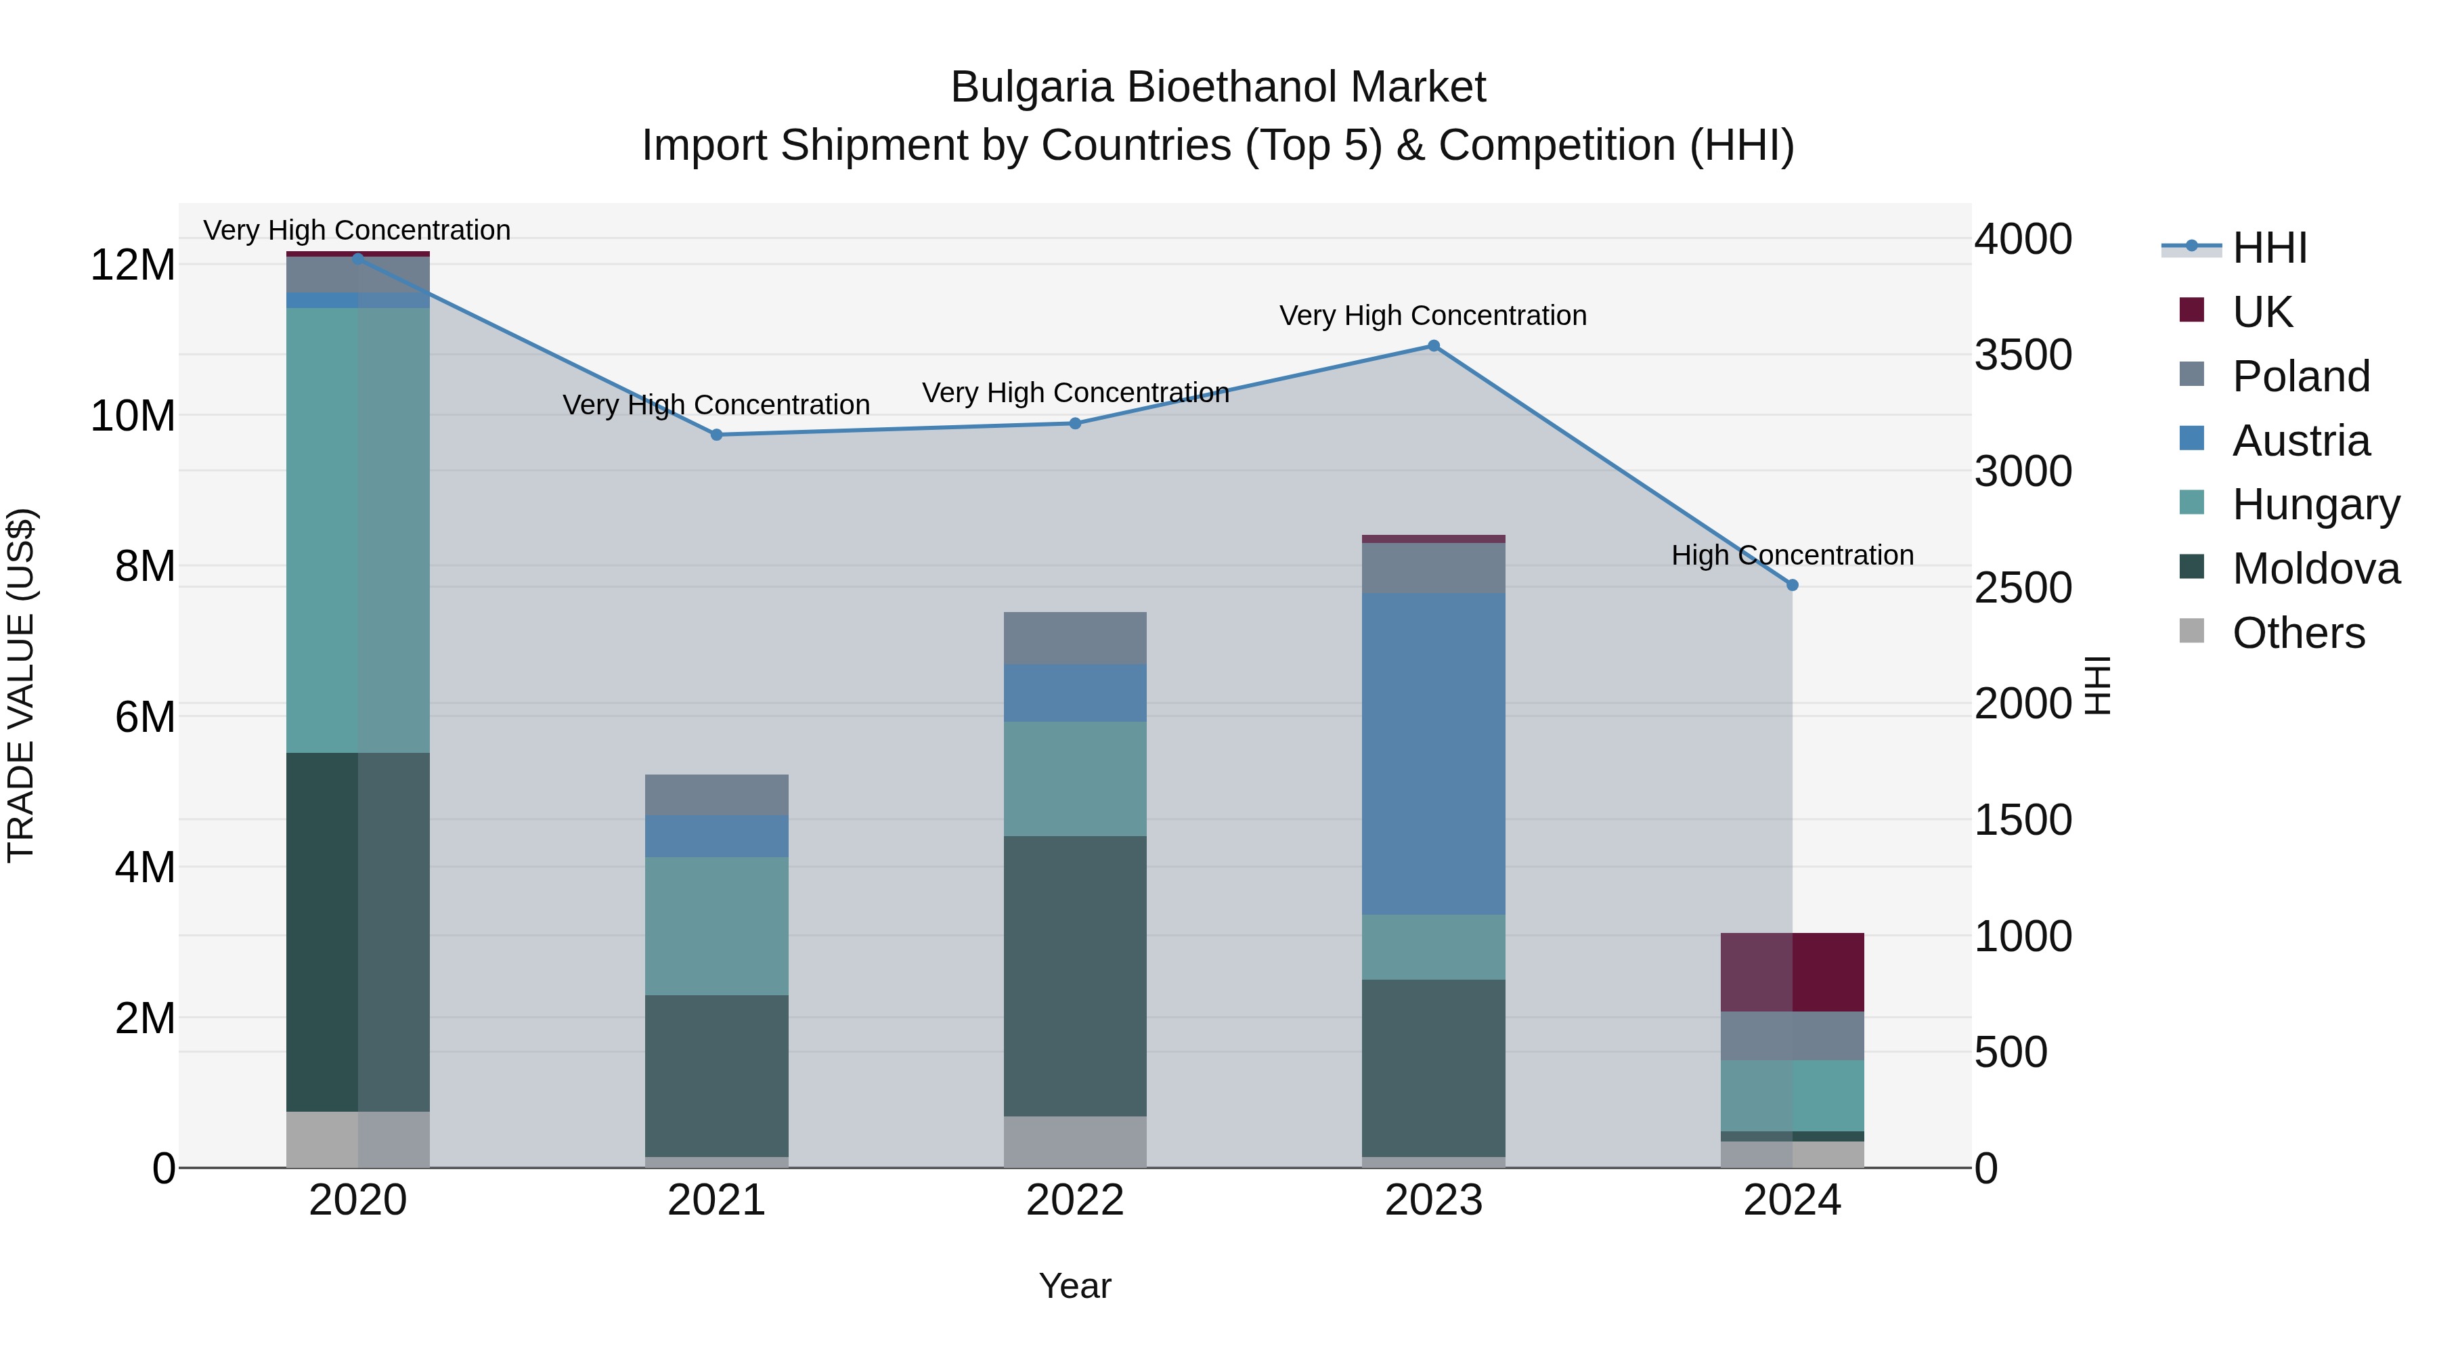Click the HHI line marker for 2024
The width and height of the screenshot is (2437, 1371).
coord(1792,586)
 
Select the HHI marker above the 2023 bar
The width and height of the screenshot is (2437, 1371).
coord(1433,346)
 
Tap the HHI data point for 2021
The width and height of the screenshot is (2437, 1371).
coord(716,435)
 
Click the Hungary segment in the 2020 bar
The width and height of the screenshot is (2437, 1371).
coord(357,530)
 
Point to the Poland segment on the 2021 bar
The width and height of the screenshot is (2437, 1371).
coord(716,795)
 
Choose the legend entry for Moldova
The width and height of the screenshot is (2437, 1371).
coord(2315,569)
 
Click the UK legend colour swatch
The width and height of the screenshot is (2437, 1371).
coord(2191,310)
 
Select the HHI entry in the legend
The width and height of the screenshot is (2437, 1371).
coord(2268,248)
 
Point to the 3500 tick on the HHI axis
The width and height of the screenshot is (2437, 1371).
coord(2023,355)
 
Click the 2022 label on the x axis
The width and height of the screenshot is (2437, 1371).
coord(1075,1200)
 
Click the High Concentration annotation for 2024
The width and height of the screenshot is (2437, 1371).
coord(1792,555)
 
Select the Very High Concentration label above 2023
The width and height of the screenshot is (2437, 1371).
coord(1432,316)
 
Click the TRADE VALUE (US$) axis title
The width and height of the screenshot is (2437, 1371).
coord(21,685)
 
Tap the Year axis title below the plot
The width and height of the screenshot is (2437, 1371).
coord(1075,1286)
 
